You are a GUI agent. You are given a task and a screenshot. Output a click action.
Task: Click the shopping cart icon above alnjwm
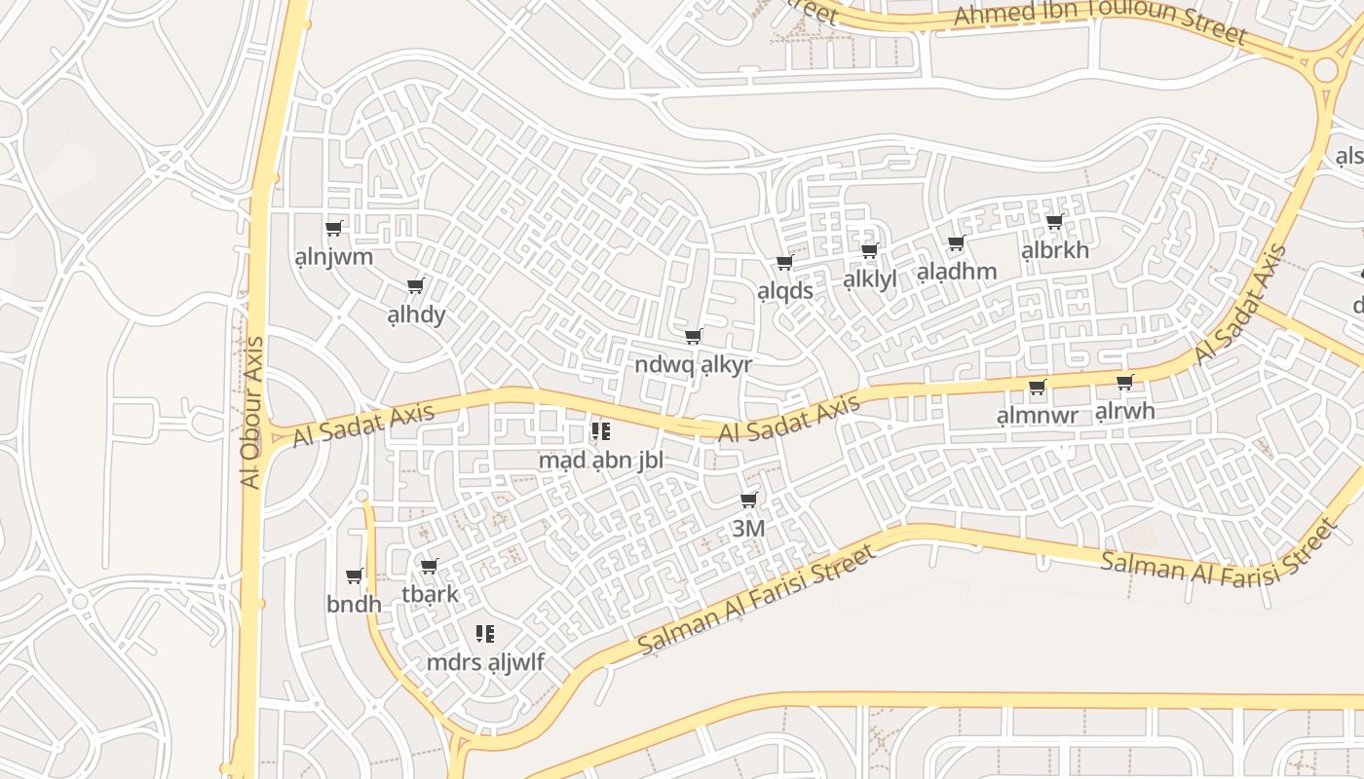[x=333, y=229]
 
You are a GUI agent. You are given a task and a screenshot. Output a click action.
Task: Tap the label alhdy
[x=416, y=315]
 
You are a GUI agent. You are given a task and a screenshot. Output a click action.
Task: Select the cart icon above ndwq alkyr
[x=693, y=337]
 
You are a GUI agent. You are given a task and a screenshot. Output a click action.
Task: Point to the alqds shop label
[x=784, y=291]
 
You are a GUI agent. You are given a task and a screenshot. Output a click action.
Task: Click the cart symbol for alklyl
[x=869, y=251]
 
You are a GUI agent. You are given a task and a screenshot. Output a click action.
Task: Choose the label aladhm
[x=956, y=272]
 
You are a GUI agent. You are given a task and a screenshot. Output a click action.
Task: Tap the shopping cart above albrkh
[x=1054, y=222]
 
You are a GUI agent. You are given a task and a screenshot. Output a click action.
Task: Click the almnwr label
[x=1037, y=416]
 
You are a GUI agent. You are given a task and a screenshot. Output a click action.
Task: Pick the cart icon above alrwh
[x=1124, y=383]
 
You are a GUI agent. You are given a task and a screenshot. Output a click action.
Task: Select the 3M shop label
[x=747, y=529]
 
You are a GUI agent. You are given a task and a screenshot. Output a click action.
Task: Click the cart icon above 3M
[x=748, y=501]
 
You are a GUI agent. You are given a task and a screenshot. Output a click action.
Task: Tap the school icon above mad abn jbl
[x=600, y=430]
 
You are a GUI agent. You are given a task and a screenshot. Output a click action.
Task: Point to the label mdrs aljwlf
[x=484, y=663]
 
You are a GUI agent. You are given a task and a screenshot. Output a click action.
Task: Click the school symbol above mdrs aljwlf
[x=484, y=635]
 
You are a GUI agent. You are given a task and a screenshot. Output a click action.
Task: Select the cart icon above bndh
[x=354, y=576]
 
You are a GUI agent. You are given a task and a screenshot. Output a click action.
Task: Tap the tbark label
[x=430, y=594]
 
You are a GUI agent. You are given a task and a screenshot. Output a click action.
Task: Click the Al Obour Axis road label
[x=251, y=412]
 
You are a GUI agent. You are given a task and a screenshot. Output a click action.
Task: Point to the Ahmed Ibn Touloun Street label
[x=1100, y=25]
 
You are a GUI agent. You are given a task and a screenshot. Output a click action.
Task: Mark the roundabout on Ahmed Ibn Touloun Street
[x=1325, y=69]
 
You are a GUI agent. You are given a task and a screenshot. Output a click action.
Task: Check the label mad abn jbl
[x=600, y=460]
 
